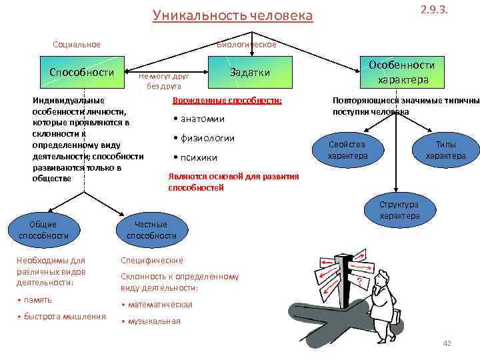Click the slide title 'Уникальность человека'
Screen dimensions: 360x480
point(232,15)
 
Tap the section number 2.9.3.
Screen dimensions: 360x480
point(435,10)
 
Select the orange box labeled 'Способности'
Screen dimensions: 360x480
point(82,72)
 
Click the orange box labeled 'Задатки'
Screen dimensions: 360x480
point(250,73)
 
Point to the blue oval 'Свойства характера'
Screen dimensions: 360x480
point(347,150)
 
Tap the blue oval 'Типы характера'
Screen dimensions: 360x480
point(445,150)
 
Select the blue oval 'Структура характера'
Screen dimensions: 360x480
point(399,210)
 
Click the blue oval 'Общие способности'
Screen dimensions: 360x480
point(44,230)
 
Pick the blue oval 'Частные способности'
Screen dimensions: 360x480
point(151,230)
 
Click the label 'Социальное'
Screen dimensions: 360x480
point(77,45)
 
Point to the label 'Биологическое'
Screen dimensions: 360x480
point(246,45)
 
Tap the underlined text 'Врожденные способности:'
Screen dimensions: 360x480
point(227,101)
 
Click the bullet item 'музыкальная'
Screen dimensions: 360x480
point(153,321)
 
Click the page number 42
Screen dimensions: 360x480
point(447,343)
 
